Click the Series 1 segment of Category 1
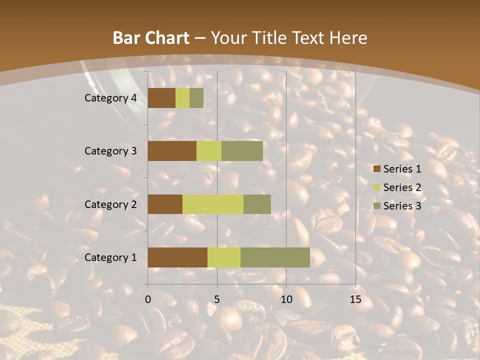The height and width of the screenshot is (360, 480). (177, 257)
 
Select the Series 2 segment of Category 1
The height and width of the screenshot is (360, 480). (224, 257)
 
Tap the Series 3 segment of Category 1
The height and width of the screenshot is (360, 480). (275, 257)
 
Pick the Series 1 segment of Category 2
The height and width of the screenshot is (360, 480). (165, 204)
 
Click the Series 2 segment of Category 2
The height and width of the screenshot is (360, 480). (213, 204)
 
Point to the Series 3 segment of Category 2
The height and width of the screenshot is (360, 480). (257, 204)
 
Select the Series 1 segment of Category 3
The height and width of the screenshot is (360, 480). (172, 151)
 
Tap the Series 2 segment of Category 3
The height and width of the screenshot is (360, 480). (209, 151)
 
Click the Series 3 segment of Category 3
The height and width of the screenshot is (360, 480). (242, 151)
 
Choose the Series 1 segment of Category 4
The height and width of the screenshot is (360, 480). (161, 98)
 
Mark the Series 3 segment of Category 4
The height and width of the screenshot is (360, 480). (196, 98)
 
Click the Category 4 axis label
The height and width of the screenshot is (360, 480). (110, 98)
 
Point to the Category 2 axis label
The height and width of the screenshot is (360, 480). (110, 204)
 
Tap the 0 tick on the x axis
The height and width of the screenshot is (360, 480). (148, 299)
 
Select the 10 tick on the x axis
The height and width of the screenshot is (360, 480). (286, 299)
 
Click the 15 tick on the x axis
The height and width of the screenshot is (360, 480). (355, 299)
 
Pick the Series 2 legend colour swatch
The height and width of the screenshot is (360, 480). (376, 187)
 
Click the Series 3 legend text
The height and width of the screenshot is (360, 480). (402, 206)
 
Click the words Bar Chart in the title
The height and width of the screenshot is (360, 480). (150, 38)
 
